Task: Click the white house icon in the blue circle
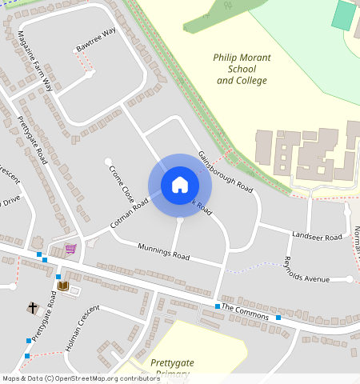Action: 180,185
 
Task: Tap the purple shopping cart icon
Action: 71,249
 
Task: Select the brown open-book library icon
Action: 62,286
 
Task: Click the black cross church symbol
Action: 33,307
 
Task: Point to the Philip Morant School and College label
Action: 242,69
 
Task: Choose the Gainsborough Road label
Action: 225,172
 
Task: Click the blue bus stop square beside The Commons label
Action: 217,306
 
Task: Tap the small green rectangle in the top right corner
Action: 343,16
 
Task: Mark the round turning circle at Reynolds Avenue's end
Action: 350,278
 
